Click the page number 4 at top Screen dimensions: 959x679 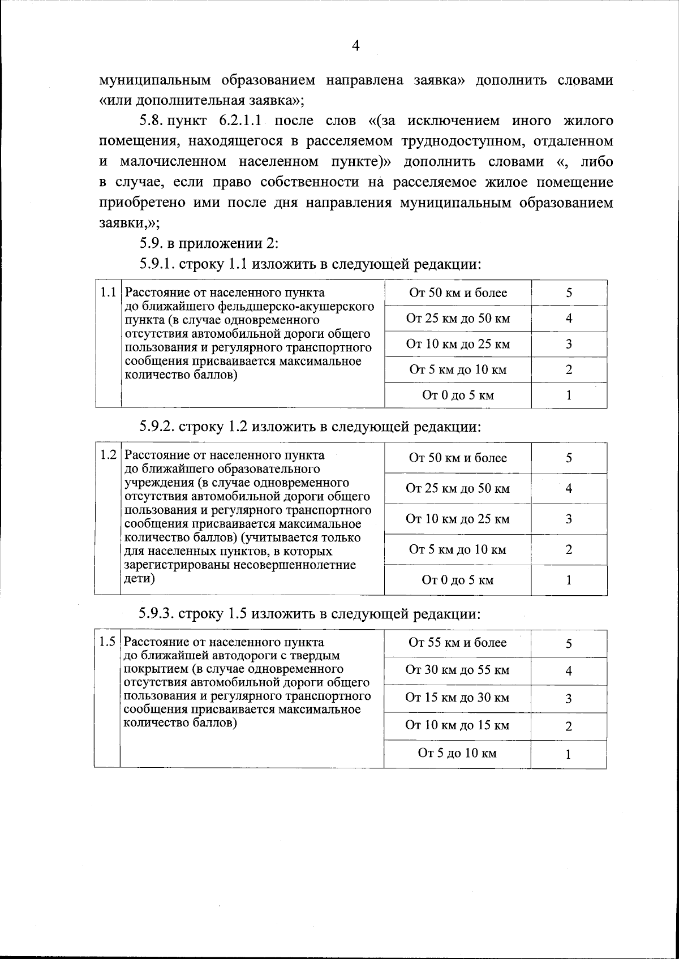355,46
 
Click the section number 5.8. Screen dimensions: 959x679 152,121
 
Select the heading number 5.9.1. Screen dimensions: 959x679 158,264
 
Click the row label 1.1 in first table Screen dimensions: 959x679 108,293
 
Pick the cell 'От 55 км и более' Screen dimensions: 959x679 457,643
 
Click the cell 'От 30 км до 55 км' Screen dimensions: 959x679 457,670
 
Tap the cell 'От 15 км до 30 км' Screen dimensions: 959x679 457,698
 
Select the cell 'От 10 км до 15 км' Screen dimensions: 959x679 457,726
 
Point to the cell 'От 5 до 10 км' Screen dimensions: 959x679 457,754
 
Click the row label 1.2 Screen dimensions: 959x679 108,455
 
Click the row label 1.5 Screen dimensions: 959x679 108,643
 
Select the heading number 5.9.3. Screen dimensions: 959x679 158,614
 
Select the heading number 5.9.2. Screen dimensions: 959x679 158,427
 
